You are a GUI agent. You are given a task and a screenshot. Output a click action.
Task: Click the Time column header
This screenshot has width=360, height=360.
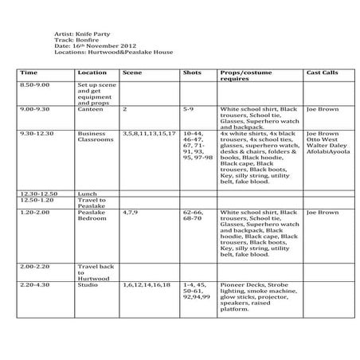click(29, 72)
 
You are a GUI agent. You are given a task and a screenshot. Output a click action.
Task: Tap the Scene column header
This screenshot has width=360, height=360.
click(132, 72)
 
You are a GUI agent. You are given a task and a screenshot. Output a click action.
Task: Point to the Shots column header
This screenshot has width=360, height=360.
click(191, 72)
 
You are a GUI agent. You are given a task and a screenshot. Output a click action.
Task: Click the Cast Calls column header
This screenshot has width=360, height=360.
click(322, 72)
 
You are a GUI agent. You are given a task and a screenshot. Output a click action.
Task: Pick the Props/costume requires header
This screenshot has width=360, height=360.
click(247, 75)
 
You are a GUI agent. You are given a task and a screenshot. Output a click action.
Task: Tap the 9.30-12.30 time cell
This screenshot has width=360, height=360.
click(37, 134)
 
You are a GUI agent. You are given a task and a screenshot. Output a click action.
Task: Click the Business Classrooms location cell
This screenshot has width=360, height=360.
click(93, 137)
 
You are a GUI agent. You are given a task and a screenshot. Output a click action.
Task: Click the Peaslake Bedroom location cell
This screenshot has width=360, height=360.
click(92, 217)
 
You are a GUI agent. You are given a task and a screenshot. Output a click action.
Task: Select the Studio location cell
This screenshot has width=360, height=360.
click(88, 284)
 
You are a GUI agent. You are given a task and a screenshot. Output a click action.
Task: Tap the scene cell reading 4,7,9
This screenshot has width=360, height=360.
click(131, 213)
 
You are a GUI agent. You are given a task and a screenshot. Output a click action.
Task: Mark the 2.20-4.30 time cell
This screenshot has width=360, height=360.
click(35, 284)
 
